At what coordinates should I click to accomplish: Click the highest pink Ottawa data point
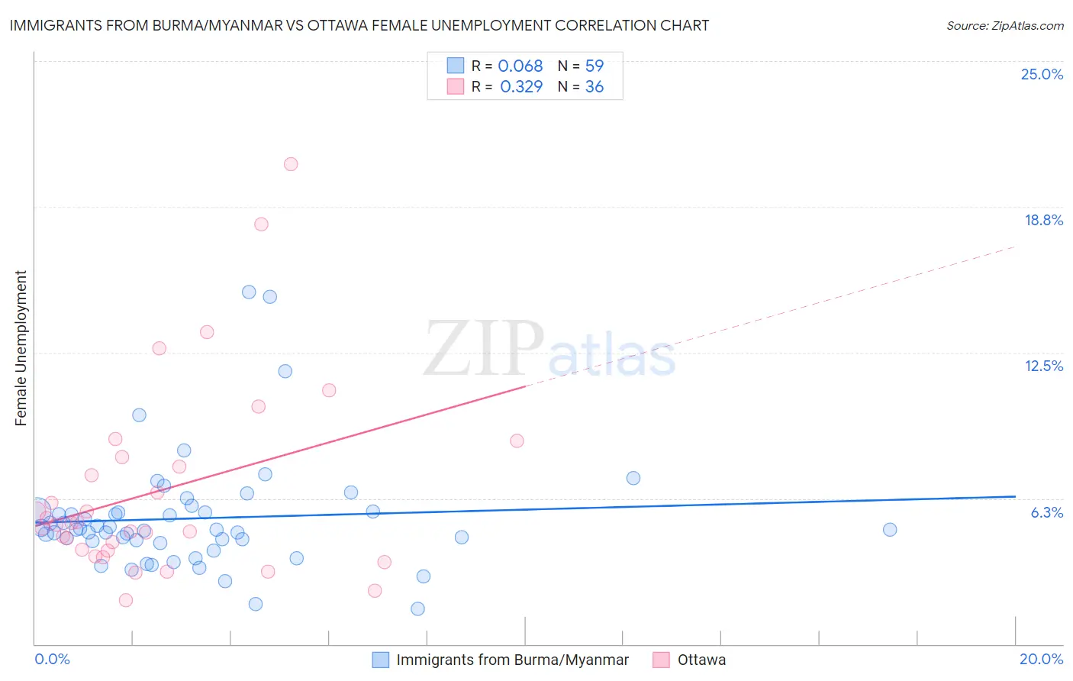click(x=291, y=164)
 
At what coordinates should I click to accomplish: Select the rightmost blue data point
click(x=890, y=530)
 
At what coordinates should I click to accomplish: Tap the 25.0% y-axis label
click(x=1042, y=74)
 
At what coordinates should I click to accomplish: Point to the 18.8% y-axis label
click(x=1043, y=220)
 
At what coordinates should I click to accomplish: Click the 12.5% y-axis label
click(x=1043, y=366)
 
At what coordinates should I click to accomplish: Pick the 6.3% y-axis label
click(x=1046, y=512)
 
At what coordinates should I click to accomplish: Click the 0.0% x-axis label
click(x=52, y=659)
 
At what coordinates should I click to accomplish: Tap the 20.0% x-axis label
click(x=1041, y=659)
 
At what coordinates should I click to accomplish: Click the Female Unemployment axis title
click(x=21, y=348)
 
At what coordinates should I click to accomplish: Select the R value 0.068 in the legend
click(x=520, y=66)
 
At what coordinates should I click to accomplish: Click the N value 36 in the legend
click(x=594, y=87)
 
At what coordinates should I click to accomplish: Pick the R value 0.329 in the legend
click(x=521, y=87)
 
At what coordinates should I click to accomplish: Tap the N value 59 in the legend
click(x=594, y=66)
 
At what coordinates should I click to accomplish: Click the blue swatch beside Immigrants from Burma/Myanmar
click(x=381, y=660)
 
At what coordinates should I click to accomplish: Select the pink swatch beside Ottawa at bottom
click(x=661, y=660)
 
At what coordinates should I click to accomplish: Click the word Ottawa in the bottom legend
click(x=701, y=660)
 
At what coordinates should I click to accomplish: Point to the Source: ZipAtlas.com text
click(x=1004, y=25)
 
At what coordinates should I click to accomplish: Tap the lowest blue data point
click(x=417, y=608)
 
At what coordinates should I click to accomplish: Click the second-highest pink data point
click(x=261, y=224)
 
